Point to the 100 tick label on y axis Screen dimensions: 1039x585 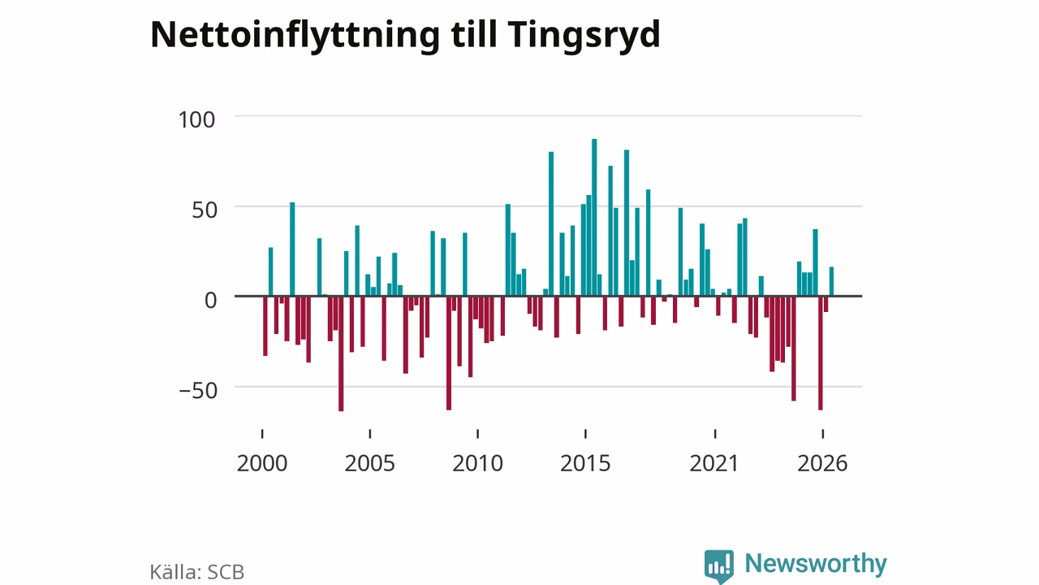click(x=196, y=119)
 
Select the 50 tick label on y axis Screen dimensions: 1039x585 click(x=205, y=210)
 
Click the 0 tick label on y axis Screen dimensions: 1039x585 click(x=210, y=300)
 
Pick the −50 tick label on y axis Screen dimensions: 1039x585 click(x=198, y=391)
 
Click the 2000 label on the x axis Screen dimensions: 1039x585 click(x=262, y=463)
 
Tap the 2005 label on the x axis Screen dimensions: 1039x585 click(x=369, y=463)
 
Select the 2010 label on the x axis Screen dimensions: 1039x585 click(x=478, y=463)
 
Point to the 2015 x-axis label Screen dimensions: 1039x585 click(x=585, y=463)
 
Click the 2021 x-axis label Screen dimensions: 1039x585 click(x=714, y=463)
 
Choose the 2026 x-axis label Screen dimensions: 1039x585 click(x=822, y=463)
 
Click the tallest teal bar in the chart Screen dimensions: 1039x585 click(x=594, y=217)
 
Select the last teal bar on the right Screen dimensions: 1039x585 click(x=832, y=281)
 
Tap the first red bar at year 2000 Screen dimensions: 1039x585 click(x=265, y=326)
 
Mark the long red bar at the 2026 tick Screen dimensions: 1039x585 click(x=821, y=353)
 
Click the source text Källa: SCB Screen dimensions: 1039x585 click(x=197, y=572)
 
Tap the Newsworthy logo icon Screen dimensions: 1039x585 click(x=719, y=566)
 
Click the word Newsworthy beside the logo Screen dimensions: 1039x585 click(x=816, y=564)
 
